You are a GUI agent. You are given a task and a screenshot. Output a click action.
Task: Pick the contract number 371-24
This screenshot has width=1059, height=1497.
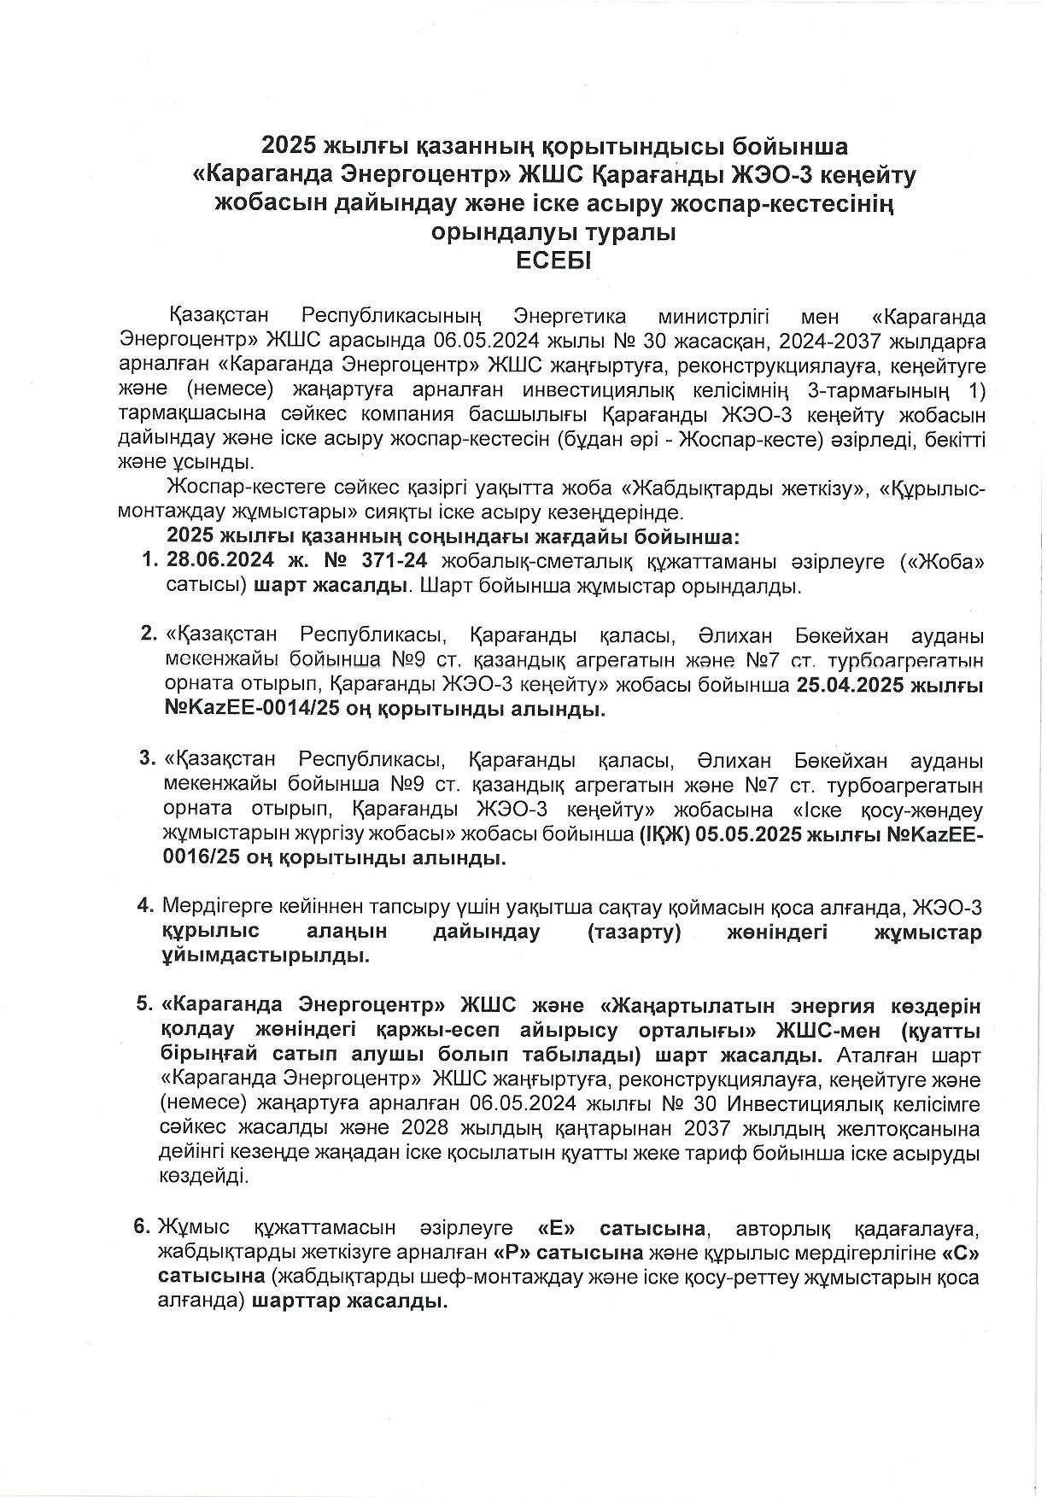coord(401,561)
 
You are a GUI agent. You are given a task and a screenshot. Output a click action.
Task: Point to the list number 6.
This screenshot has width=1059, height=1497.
coord(142,1228)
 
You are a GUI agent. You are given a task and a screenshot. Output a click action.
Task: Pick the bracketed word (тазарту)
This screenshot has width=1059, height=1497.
coord(634,932)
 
